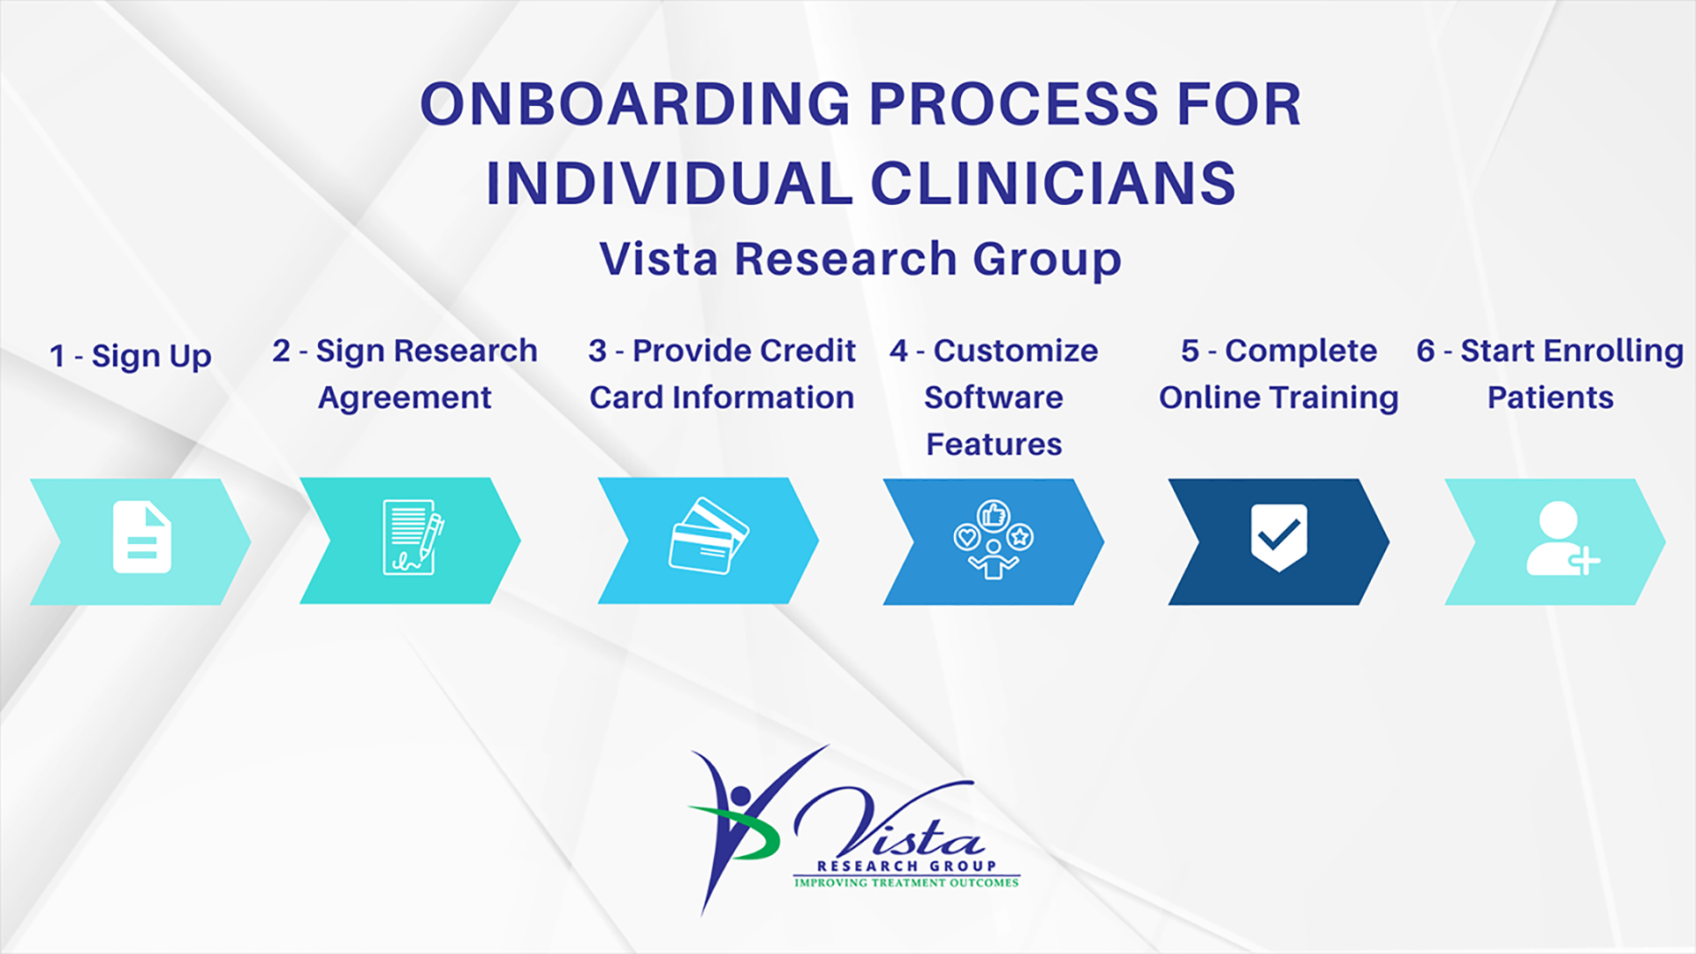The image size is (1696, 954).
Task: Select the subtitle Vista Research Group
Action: tap(860, 259)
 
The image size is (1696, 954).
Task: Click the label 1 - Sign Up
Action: tap(131, 356)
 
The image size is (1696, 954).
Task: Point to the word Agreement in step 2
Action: tap(405, 397)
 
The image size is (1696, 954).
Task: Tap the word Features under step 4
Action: tap(994, 444)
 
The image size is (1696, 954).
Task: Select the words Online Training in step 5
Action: tap(1278, 397)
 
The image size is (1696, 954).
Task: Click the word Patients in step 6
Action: tap(1550, 397)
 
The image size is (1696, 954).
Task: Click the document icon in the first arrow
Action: tap(141, 537)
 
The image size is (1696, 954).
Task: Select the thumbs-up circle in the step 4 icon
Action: tap(994, 514)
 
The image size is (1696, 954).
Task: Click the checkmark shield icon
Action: tap(1278, 536)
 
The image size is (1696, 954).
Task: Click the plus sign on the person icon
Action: tap(1585, 560)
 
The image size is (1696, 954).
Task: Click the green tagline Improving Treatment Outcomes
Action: tap(906, 882)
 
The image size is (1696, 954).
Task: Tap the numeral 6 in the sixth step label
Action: tap(1425, 351)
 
